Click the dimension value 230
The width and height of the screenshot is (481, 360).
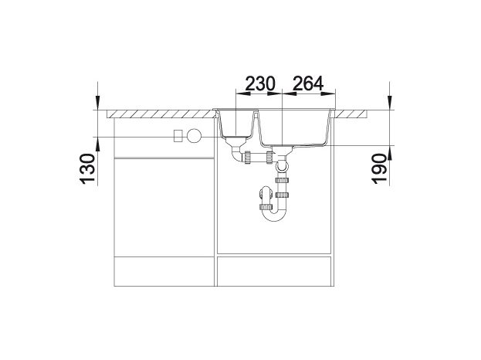(x=260, y=83)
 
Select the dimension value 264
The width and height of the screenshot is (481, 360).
(x=308, y=83)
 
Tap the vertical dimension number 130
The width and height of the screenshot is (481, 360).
(x=87, y=169)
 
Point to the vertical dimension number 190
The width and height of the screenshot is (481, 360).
(x=379, y=169)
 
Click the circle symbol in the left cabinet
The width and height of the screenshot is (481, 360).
(x=195, y=135)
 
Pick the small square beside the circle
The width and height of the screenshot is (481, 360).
(x=178, y=136)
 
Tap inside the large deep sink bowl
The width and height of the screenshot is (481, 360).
(x=294, y=127)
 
